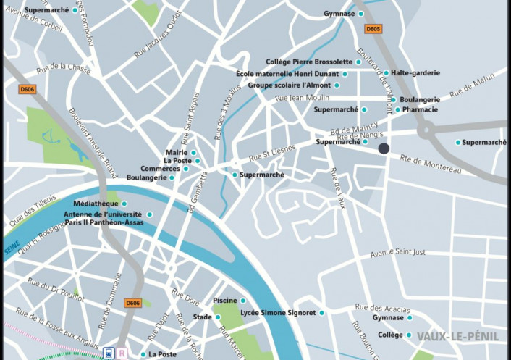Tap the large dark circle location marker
(x=384, y=148)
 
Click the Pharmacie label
(x=421, y=109)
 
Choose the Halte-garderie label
(x=416, y=73)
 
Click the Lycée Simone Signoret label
(x=278, y=313)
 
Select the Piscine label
(x=225, y=301)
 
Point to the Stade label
(x=203, y=317)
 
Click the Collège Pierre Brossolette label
(x=309, y=62)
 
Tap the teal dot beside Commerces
(x=186, y=169)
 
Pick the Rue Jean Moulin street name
(x=303, y=98)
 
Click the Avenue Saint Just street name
(x=401, y=253)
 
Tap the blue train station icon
(x=108, y=353)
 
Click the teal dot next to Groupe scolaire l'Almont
(x=337, y=85)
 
